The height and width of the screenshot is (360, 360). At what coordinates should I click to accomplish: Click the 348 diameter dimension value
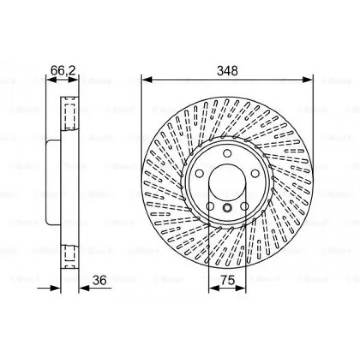click(x=227, y=70)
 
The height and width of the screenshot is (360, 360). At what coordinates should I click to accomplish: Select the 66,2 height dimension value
click(x=63, y=70)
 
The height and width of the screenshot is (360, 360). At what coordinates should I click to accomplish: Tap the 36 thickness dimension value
click(x=99, y=280)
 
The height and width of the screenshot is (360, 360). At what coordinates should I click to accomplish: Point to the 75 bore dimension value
click(x=228, y=280)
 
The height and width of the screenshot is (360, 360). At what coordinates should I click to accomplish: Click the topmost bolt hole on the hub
click(x=227, y=153)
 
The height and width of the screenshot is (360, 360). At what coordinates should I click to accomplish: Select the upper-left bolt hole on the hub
click(x=199, y=174)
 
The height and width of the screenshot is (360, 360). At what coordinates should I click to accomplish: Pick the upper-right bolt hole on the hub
click(x=255, y=174)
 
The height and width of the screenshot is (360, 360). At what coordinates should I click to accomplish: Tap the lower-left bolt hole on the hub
click(x=210, y=206)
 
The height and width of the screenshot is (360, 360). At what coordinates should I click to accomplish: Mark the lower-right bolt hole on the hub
click(x=244, y=206)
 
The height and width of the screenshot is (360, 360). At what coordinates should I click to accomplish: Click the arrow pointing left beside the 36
click(x=84, y=288)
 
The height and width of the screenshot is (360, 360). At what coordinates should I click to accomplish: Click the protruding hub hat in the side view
click(x=53, y=182)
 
